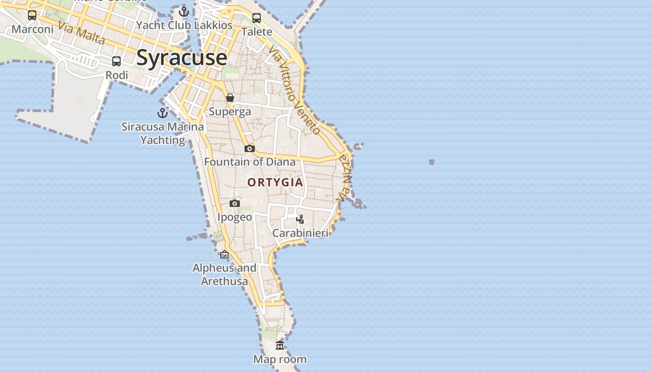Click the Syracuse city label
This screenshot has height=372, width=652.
coord(182,58)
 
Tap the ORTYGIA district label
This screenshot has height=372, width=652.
coord(275,182)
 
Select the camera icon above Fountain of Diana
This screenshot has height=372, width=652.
coord(250,148)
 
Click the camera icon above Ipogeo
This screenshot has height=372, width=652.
coord(235,203)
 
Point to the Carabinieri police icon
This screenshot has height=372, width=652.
coord(300,219)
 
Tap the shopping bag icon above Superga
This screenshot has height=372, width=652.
coord(230,98)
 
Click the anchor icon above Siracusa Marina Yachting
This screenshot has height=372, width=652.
coord(162,113)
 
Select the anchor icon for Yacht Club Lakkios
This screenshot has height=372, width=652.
coord(184,12)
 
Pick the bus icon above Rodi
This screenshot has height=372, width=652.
coord(116,61)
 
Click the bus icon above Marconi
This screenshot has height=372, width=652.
coord(32,15)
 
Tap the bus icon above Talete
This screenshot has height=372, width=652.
coord(257,18)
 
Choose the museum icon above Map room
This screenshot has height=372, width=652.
coord(280,345)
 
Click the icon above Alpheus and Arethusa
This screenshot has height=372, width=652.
coord(224,254)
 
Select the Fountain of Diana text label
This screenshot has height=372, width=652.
coord(250,162)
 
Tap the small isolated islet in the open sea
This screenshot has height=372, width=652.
coord(431,162)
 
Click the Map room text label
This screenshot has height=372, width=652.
coord(280,359)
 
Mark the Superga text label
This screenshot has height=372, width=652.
coord(230,112)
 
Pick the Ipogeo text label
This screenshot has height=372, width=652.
coord(235,217)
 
